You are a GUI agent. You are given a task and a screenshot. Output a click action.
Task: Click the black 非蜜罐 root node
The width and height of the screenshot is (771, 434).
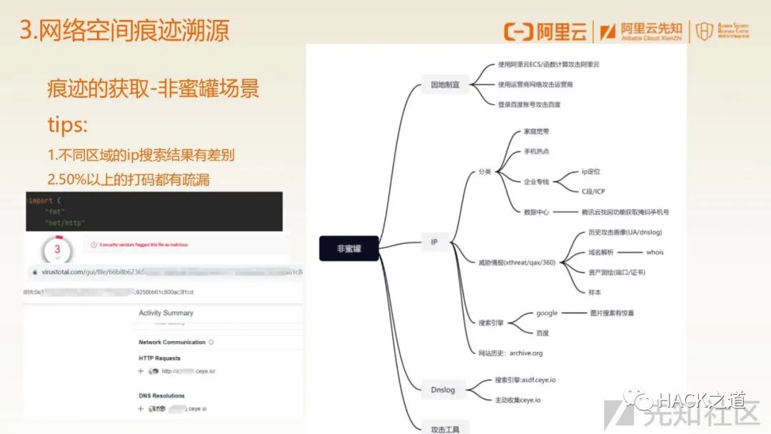[349, 248]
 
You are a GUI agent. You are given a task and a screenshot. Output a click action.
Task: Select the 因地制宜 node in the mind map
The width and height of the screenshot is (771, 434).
[445, 84]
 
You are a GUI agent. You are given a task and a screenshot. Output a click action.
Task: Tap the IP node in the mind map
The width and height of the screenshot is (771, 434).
[434, 242]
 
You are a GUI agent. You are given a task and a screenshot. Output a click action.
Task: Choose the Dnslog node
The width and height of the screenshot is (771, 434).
[443, 390]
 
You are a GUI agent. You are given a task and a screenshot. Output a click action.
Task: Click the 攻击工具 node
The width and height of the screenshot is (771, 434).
[445, 428]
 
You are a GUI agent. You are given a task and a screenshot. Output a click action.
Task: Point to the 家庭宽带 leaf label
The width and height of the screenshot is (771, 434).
[536, 132]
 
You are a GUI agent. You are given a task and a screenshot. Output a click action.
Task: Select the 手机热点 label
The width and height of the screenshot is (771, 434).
[536, 152]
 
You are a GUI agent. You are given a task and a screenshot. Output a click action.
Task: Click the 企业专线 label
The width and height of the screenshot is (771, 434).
[536, 182]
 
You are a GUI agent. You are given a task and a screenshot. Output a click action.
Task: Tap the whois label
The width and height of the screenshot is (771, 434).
[655, 252]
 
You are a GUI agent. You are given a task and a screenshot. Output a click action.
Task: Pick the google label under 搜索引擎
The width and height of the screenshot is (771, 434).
[547, 313]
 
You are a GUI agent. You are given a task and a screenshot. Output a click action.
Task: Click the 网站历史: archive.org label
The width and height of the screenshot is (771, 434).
[510, 353]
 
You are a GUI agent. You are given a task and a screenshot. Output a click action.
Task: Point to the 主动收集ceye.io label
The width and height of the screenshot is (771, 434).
[518, 400]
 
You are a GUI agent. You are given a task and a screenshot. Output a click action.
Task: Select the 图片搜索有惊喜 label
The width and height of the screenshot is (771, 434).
[612, 313]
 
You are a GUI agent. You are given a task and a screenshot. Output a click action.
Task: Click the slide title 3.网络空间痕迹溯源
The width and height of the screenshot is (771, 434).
[125, 31]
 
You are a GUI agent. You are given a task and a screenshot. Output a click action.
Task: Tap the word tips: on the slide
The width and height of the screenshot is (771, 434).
[67, 124]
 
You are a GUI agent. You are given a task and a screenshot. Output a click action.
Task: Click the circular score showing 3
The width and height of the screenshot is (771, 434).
[56, 250]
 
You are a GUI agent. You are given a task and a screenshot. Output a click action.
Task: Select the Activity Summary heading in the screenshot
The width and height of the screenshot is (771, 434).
[166, 313]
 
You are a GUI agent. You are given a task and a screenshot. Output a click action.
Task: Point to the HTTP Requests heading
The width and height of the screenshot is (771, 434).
[159, 358]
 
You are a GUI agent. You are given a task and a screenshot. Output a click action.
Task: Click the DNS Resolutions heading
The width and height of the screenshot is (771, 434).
[161, 395]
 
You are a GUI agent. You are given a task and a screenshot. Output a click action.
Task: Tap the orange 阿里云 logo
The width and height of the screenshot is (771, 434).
[545, 31]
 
